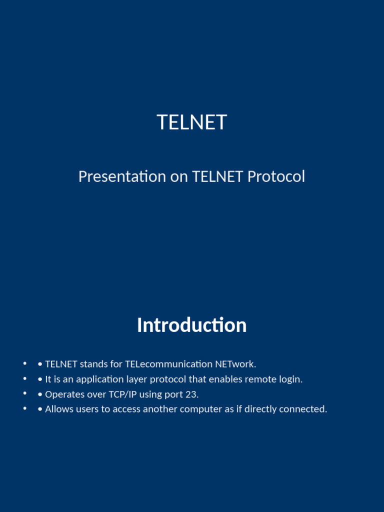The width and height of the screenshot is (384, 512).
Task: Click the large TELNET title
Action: tap(192, 122)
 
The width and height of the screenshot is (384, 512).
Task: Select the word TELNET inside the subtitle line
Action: tap(217, 176)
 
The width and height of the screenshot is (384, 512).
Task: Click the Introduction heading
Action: tap(192, 325)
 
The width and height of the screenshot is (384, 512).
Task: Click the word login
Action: tap(290, 379)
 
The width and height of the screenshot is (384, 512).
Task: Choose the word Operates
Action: tap(64, 394)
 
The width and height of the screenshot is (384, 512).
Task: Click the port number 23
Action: tap(191, 394)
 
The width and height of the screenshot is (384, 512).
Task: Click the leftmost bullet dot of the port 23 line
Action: tap(24, 394)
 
